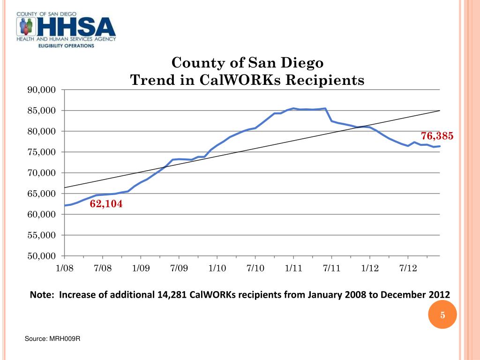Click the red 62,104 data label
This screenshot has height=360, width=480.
[106, 204]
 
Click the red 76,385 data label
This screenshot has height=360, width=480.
[437, 136]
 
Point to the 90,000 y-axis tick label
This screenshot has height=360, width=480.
[40, 90]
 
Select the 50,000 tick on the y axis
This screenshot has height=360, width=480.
[40, 256]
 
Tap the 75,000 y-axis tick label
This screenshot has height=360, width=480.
[40, 152]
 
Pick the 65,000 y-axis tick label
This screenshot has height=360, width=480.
[40, 194]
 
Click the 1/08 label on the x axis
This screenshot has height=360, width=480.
[64, 268]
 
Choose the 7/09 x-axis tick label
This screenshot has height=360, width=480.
[179, 268]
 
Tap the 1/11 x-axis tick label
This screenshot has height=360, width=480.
[293, 268]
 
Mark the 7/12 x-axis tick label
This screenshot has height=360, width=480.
[408, 268]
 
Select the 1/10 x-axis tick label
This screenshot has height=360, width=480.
[217, 268]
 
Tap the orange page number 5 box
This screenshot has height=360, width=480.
[442, 315]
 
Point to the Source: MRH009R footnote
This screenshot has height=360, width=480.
[52, 339]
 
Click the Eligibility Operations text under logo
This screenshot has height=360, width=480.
[66, 46]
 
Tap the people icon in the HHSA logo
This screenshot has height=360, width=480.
[25, 26]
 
